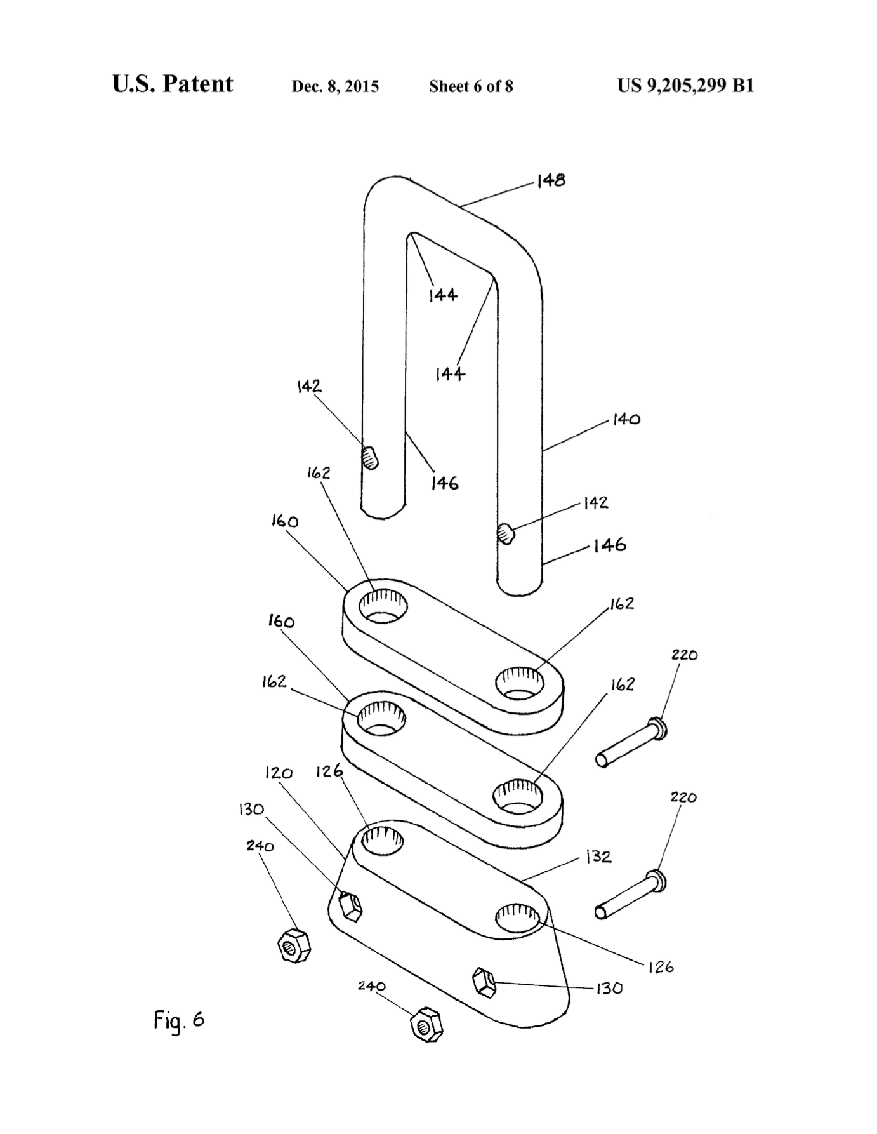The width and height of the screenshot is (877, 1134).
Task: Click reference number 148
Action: pos(550,181)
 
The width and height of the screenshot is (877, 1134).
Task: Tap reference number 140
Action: pos(626,420)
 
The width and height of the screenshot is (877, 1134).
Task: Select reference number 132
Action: pos(598,857)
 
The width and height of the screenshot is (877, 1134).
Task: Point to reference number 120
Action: pos(279,773)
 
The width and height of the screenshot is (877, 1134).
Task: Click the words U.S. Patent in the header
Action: pos(173,84)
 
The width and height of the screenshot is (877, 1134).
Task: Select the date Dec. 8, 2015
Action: pos(335,86)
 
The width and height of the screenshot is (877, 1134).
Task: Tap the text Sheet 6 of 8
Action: pos(471,86)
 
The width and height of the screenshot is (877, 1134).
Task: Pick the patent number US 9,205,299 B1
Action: pos(685,86)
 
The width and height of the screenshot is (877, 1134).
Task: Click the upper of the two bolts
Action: pos(632,742)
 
